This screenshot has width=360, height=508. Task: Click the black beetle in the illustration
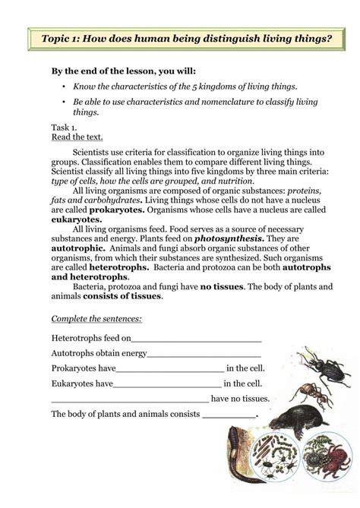pos(313,364)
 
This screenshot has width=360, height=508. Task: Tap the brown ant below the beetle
pos(310,394)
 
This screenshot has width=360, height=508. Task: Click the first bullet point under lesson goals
pos(65,88)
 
